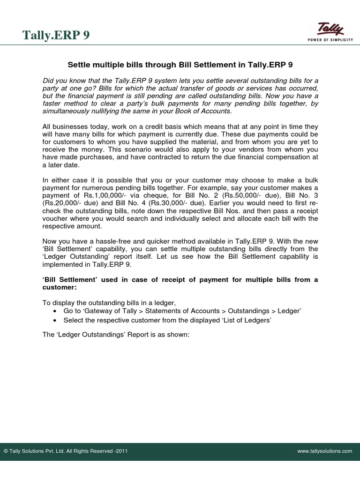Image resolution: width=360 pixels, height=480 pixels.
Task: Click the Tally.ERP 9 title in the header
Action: [x=56, y=36]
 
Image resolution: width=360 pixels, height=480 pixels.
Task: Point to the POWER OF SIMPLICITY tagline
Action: [x=330, y=40]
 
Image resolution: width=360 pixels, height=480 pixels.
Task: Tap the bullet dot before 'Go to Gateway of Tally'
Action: [x=56, y=311]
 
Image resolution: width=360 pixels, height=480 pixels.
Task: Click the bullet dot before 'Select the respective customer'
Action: [x=56, y=320]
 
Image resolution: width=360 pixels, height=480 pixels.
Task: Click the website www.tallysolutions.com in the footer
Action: [x=324, y=451]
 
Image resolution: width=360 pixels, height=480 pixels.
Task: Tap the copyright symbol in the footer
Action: [x=6, y=451]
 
